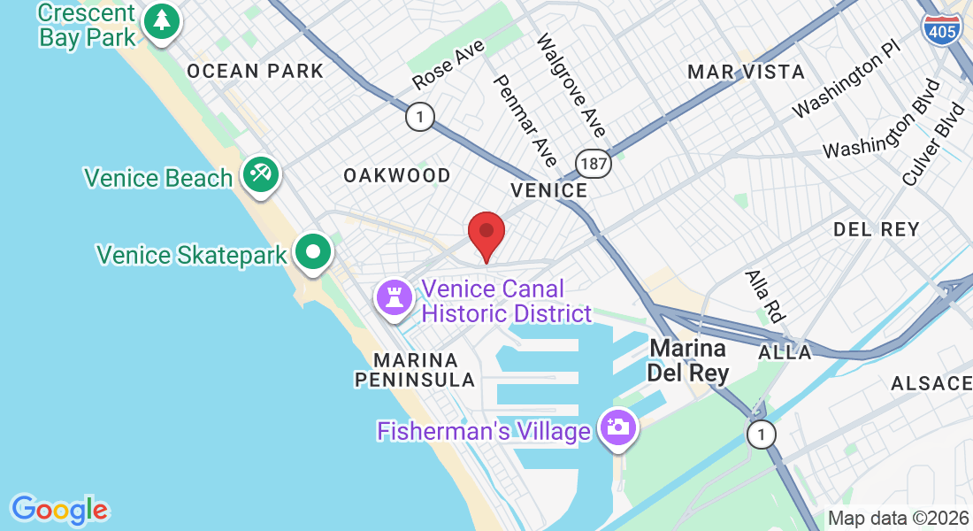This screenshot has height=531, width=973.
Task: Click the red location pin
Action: coord(486,233)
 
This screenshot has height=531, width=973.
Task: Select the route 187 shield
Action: coord(593,162)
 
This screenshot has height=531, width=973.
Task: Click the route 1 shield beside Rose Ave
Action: coord(420,116)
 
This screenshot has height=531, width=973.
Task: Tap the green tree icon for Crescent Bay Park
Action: coord(160,21)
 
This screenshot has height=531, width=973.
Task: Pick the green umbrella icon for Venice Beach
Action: coord(259,173)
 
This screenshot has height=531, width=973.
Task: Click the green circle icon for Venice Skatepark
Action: coord(312,251)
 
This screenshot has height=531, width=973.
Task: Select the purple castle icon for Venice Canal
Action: coord(394,296)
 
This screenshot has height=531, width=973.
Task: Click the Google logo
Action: coord(59,510)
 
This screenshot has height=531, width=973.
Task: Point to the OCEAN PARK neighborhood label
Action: coord(256,71)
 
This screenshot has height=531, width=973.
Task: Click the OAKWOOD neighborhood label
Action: coord(397,175)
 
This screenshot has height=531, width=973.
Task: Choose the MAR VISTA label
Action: coord(746,72)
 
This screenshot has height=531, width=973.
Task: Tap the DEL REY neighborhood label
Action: coord(877,229)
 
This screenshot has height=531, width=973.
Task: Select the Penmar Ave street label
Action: coord(525,119)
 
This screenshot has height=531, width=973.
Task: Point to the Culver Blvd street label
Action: coord(933,144)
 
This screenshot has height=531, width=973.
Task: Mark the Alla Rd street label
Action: coord(765,296)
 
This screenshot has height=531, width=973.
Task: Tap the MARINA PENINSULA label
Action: coord(415,370)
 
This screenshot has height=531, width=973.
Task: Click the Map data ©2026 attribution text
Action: coord(898,518)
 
